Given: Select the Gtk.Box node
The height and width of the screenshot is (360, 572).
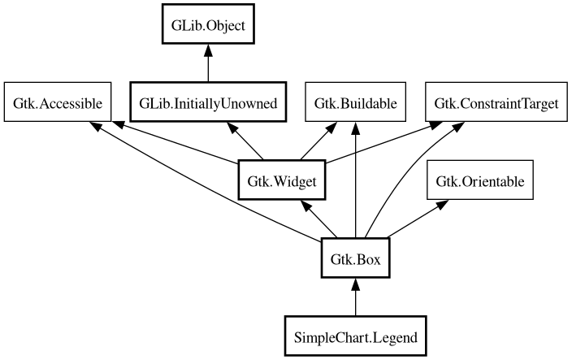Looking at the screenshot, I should (x=356, y=259).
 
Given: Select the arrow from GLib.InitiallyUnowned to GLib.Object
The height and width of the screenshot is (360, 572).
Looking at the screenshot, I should (x=208, y=65).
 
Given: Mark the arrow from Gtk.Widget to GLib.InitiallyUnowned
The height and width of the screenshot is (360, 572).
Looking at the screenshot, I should (x=248, y=141).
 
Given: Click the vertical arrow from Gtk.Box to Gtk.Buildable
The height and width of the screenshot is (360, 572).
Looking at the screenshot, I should (x=356, y=187).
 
